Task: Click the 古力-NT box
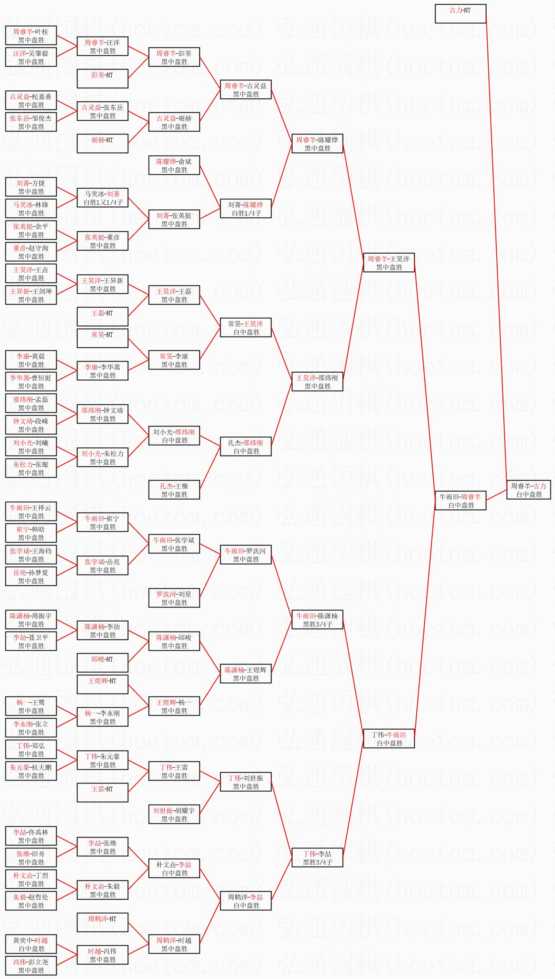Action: pos(460,14)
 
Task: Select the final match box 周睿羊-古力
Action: pos(528,490)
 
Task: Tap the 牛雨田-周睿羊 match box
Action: pos(460,501)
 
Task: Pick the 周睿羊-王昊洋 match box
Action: pos(389,263)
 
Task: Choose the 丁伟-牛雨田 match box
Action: pos(389,739)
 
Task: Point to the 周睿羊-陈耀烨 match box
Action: pos(317,144)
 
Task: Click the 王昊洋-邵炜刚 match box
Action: pos(317,382)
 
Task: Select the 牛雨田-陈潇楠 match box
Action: pos(317,620)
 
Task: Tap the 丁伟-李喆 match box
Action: pos(317,858)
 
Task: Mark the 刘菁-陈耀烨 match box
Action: pos(246,208)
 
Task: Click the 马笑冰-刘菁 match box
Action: pos(102,198)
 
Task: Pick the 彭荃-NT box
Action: pos(102,79)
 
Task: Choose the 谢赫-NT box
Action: pos(102,144)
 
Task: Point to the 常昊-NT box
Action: pos(102,338)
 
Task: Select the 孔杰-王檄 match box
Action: pos(174,490)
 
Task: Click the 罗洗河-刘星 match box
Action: pos(174,598)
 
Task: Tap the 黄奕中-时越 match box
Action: pos(31,944)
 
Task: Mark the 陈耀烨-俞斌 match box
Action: pos(174,165)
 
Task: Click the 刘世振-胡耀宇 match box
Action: pos(174,814)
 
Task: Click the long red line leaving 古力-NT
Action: pos(496,250)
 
